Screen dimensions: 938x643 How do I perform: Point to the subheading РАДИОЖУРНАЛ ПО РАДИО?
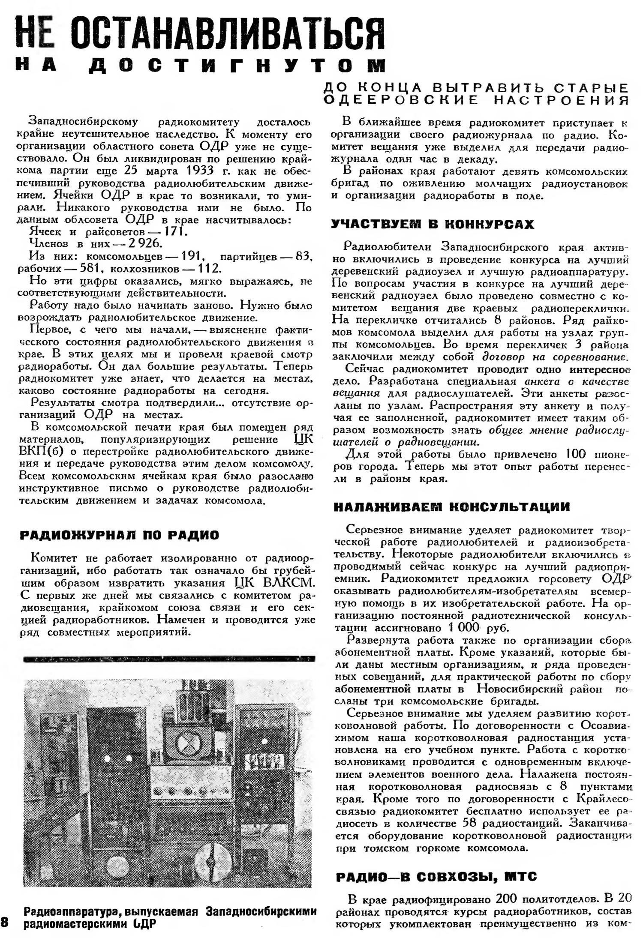coord(120,535)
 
